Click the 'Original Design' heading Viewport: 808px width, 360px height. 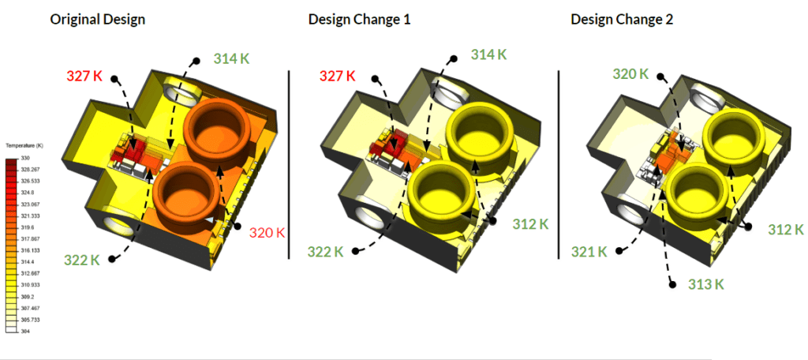click(97, 19)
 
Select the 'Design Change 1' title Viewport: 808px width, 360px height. click(359, 19)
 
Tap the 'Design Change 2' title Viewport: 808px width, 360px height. click(622, 19)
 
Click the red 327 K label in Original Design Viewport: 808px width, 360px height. click(84, 76)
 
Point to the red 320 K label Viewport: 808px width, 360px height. click(267, 233)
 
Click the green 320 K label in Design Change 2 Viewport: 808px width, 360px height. click(631, 74)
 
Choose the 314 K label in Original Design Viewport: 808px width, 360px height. click(232, 58)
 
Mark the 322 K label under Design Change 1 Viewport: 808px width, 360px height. click(326, 252)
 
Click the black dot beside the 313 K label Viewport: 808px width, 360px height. click(672, 283)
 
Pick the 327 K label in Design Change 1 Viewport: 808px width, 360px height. click(337, 77)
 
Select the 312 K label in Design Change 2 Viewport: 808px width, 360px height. click(785, 230)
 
